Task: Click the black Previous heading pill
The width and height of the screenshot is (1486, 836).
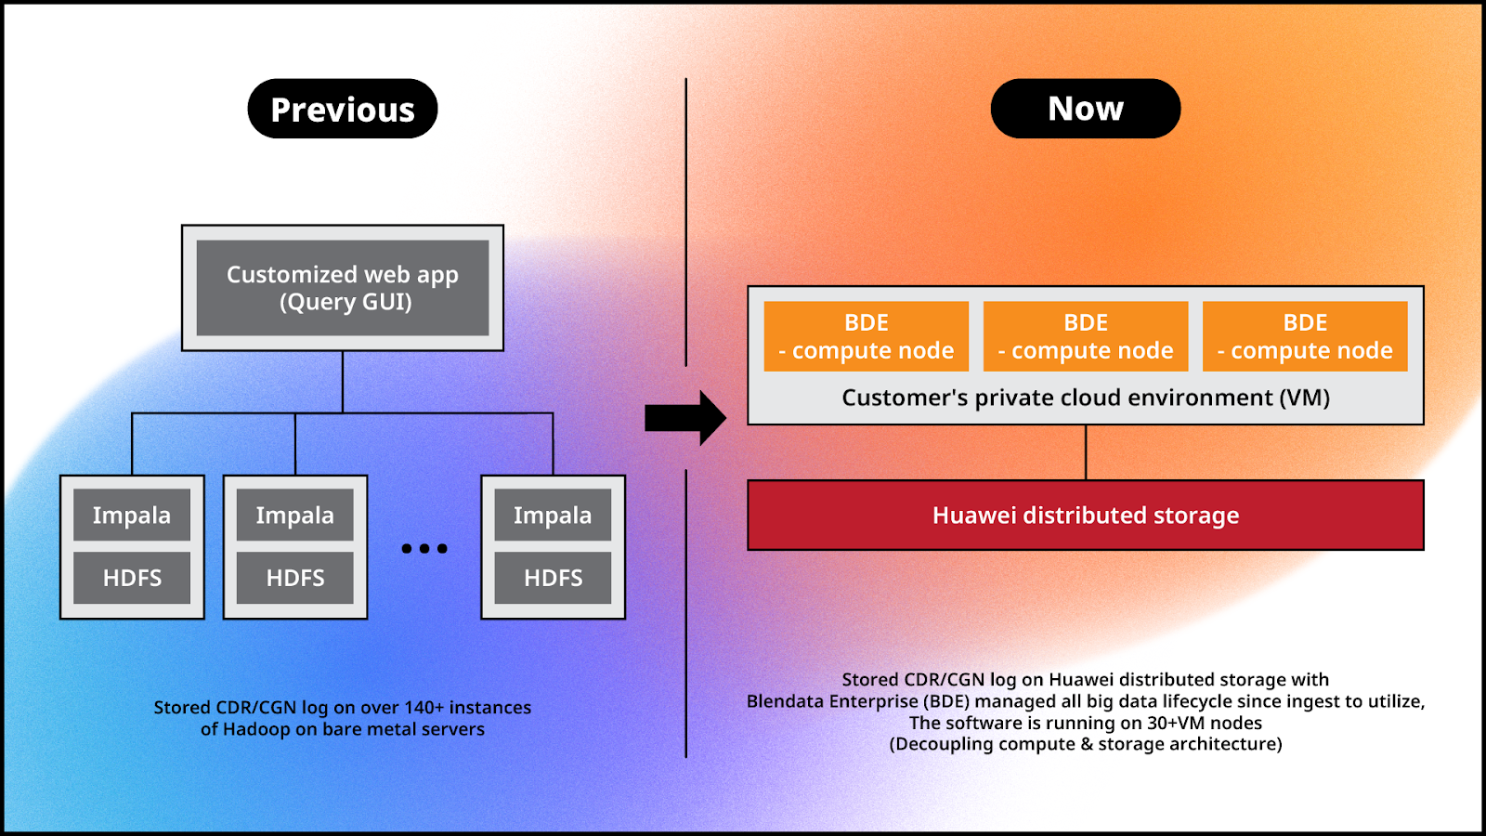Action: point(343,109)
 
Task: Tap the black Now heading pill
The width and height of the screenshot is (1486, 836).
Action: point(1086,109)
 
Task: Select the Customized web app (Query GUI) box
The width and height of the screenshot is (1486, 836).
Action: point(343,288)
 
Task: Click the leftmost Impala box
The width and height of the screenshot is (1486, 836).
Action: point(131,515)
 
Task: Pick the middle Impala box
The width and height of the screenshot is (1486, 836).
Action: point(294,515)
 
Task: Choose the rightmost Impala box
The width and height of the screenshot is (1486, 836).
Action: point(553,515)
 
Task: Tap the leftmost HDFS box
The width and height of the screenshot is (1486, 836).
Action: point(131,578)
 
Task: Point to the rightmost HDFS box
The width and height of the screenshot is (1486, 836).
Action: point(553,578)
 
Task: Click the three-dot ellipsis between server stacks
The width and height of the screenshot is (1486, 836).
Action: point(424,548)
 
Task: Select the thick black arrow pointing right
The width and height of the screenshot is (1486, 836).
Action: point(685,418)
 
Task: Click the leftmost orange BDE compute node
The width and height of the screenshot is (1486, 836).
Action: point(866,336)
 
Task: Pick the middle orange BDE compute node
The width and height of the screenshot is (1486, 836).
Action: point(1086,336)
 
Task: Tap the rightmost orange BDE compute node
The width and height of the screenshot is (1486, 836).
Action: point(1305,336)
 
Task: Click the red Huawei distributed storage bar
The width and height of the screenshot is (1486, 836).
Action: point(1086,516)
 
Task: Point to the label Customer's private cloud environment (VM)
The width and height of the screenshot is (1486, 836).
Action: point(1086,398)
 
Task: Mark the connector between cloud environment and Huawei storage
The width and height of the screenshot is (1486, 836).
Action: point(1086,452)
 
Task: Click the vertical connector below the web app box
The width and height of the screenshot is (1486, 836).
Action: point(343,382)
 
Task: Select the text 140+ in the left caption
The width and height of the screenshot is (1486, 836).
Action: point(424,707)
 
